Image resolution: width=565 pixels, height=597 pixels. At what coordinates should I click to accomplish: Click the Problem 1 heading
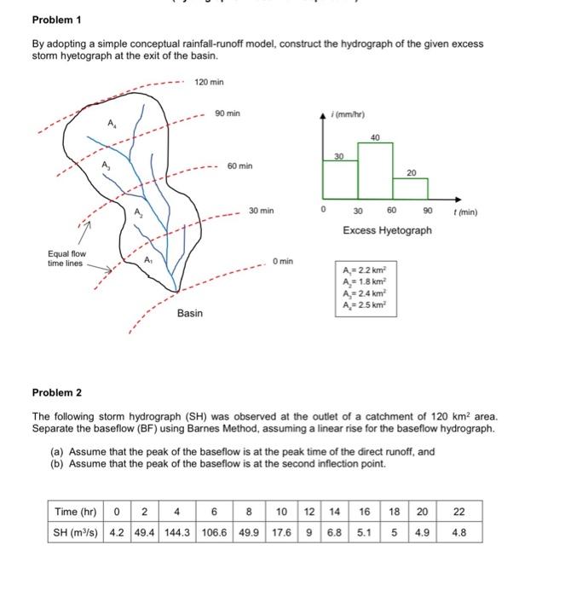(56, 20)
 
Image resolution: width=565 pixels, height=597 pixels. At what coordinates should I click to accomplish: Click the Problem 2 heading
(56, 392)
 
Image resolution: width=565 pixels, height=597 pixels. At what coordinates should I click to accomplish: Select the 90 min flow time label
(228, 113)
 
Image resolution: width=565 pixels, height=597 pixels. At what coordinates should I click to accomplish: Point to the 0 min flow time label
(282, 260)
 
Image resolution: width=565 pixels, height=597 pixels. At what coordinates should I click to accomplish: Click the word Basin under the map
(190, 313)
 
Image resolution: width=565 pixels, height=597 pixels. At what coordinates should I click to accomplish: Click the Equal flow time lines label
(65, 258)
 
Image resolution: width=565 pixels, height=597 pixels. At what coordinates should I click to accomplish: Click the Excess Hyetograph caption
(387, 230)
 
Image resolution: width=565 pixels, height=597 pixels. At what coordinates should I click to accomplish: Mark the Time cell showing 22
(458, 512)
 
